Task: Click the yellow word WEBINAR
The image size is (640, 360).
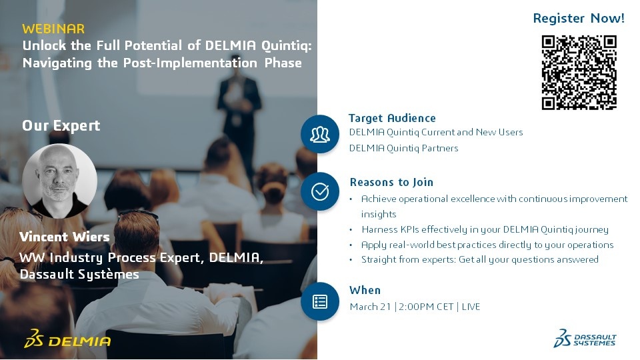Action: click(x=53, y=29)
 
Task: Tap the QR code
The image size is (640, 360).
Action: click(x=579, y=72)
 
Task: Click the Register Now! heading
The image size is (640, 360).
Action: click(x=579, y=18)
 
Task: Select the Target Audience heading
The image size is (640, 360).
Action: click(x=392, y=118)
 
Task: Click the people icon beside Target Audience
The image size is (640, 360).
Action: click(x=320, y=134)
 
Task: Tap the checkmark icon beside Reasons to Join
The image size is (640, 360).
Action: click(x=320, y=191)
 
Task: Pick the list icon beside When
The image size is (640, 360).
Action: click(x=320, y=301)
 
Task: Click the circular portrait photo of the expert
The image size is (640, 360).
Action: click(x=59, y=181)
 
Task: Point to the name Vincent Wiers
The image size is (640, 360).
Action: click(x=65, y=237)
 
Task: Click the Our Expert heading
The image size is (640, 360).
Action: click(x=61, y=125)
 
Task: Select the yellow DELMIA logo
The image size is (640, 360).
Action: click(x=67, y=339)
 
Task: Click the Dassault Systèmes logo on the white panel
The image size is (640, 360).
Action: click(x=585, y=339)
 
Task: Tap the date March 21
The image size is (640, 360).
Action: click(x=370, y=307)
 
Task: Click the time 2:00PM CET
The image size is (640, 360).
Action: click(x=426, y=307)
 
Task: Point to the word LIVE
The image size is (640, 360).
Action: click(x=471, y=307)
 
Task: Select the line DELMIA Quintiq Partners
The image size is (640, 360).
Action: click(x=404, y=148)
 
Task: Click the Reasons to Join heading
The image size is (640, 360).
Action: click(x=391, y=182)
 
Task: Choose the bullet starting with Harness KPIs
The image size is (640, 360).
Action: click(x=485, y=229)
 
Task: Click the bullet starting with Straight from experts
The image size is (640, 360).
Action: click(x=479, y=259)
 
